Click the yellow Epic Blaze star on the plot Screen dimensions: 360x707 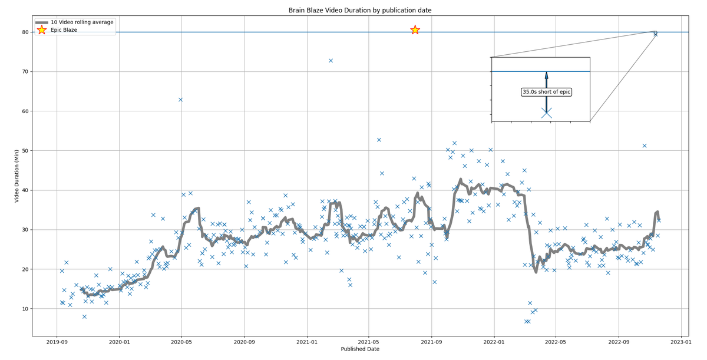point(415,29)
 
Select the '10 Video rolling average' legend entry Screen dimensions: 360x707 point(82,22)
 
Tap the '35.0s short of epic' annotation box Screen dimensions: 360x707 point(547,92)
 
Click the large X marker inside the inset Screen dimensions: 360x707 point(546,113)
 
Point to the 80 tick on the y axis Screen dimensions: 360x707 point(26,32)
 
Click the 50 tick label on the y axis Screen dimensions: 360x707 point(26,151)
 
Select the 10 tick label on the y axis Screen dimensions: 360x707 point(26,309)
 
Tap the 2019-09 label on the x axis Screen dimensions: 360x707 point(57,341)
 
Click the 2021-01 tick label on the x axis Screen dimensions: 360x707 point(306,341)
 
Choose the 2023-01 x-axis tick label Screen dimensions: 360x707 point(680,341)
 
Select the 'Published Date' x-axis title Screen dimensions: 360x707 point(360,349)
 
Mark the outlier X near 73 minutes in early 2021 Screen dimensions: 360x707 point(331,60)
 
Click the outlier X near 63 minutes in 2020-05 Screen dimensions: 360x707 point(180,100)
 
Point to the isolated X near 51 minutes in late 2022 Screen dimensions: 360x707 point(645,146)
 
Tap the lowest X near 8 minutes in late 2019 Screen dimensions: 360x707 point(84,316)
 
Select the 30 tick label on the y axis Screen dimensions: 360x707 point(26,230)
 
